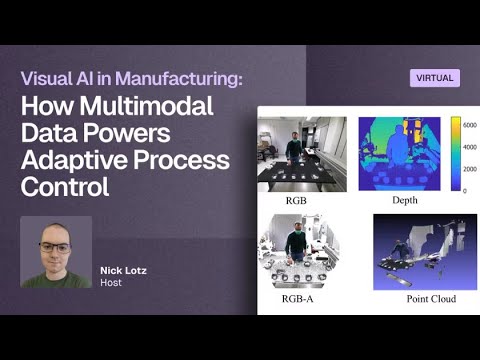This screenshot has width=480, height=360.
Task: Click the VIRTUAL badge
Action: pos(434,78)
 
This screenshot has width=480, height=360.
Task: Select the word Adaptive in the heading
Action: pos(84,160)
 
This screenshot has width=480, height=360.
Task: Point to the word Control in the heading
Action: pos(68,186)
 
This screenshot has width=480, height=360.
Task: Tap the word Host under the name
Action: pos(110,284)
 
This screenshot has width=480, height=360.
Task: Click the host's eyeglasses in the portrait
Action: pos(55,247)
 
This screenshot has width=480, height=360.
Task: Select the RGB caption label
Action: pos(296,200)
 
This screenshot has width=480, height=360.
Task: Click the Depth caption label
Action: pos(405,200)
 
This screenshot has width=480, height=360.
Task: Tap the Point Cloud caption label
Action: pos(431,299)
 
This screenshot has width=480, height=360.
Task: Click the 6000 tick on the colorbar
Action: pos(469,125)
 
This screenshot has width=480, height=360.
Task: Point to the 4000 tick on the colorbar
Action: pos(469,147)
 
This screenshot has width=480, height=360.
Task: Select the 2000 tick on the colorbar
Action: pos(469,169)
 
